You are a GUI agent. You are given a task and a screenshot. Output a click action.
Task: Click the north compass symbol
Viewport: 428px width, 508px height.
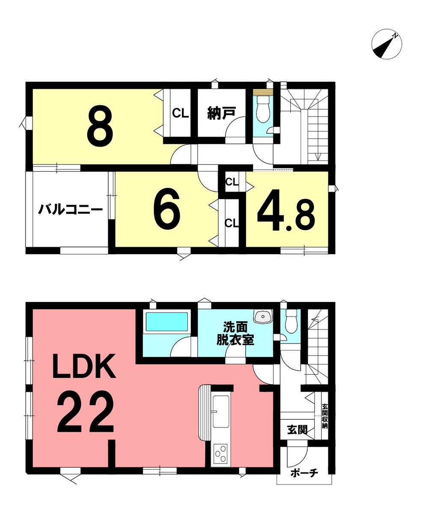pos(386,45)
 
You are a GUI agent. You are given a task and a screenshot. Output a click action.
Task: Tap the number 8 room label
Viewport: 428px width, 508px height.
pos(100,126)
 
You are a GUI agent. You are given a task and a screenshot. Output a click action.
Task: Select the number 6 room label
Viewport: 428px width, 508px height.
pos(167,208)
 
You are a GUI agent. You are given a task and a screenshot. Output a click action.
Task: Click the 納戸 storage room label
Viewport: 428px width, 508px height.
pos(221,113)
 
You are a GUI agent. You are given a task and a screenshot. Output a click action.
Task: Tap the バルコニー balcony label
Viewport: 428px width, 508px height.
pos(70,209)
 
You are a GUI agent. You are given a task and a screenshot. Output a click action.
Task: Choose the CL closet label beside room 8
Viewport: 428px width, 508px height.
pos(180,114)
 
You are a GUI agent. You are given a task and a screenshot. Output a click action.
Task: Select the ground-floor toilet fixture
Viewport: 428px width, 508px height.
pos(292,321)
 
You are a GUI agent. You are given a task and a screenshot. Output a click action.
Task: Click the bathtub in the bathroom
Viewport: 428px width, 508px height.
pos(167,321)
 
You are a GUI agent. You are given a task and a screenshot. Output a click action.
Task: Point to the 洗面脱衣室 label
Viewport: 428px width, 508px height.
pos(235,333)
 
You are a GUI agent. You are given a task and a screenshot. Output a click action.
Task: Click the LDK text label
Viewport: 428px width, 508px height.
pos(84,366)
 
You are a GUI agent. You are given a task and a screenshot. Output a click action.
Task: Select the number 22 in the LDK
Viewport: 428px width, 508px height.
pos(85,411)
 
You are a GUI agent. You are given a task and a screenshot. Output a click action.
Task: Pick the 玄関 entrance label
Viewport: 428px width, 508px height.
pos(297,430)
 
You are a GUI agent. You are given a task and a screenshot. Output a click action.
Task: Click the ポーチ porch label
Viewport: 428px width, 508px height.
pos(304,473)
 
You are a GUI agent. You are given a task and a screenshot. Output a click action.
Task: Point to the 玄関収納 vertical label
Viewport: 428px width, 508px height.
pos(325,416)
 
